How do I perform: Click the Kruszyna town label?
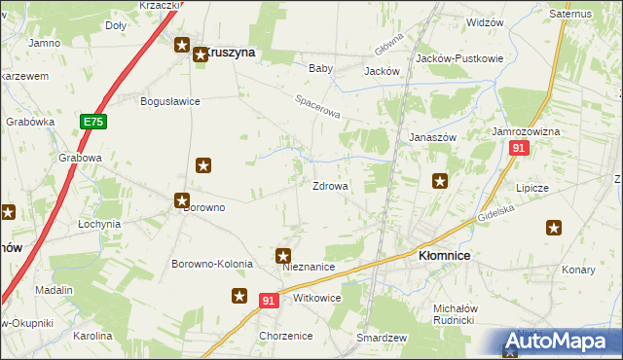click(231, 54)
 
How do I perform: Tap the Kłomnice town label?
click(444, 255)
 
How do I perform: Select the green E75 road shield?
click(93, 122)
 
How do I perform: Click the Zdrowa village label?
click(330, 186)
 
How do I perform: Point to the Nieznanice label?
click(309, 267)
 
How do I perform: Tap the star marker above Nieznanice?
click(284, 257)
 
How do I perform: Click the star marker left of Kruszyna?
click(182, 45)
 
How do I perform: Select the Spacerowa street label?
click(318, 107)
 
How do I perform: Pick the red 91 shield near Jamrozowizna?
click(519, 148)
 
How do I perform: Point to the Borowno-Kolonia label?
click(212, 264)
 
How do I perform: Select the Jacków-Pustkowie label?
click(459, 58)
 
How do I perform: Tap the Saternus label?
click(570, 15)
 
